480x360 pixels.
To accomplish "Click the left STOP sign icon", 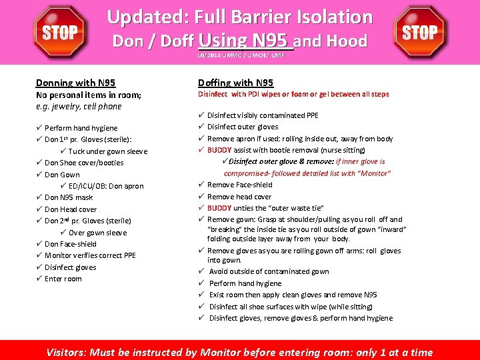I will [x=60, y=32].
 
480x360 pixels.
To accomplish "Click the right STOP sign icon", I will [x=420, y=32].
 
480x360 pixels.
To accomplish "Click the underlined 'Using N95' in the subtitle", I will [x=245, y=41].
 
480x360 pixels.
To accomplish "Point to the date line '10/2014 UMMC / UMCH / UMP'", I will [x=241, y=55].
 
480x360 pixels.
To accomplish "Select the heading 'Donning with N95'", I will [x=75, y=83].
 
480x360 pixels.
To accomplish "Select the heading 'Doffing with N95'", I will [x=235, y=83].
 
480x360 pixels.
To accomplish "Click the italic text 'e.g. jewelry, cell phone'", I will [x=79, y=107].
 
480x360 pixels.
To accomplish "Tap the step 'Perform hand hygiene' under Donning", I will [x=81, y=128].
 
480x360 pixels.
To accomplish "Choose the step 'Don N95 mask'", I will [x=69, y=197].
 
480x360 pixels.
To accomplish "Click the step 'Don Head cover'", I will [x=71, y=209].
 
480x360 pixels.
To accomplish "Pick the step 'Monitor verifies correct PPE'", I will [x=90, y=255].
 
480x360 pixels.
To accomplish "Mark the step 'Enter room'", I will [x=63, y=279].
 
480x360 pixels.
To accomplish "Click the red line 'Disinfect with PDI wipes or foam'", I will [x=293, y=95].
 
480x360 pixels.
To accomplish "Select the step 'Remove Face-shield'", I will [x=239, y=185].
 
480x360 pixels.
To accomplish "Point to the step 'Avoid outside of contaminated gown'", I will [x=269, y=271].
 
